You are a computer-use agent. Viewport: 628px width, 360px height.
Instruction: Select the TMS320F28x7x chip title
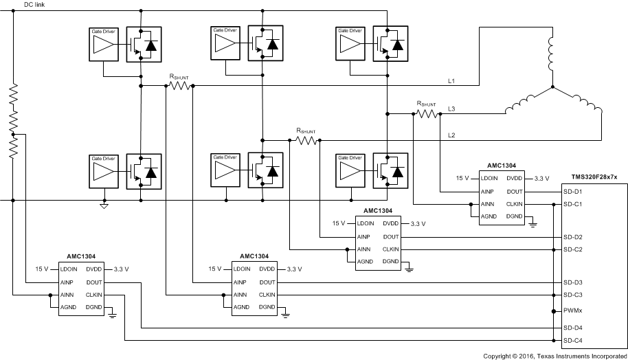point(594,177)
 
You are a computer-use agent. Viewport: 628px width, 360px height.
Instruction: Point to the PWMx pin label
point(573,311)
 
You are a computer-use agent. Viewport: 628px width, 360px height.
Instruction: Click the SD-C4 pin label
point(573,341)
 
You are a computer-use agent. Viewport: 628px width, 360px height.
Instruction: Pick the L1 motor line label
point(451,81)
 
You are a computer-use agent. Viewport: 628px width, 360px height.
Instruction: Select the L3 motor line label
point(451,109)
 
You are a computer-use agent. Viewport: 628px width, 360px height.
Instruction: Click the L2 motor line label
point(451,135)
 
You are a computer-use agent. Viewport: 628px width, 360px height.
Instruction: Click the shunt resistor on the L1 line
point(179,86)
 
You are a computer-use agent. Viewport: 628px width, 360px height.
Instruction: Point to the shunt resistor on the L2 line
point(306,140)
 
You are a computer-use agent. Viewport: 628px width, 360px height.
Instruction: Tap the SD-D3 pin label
point(573,282)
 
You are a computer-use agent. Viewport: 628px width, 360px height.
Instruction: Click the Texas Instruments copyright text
point(555,355)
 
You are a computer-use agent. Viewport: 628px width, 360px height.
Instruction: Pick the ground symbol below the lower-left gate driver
point(104,205)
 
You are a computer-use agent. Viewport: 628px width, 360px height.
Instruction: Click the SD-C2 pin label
point(573,249)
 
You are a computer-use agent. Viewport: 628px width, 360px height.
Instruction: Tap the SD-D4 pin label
point(573,328)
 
